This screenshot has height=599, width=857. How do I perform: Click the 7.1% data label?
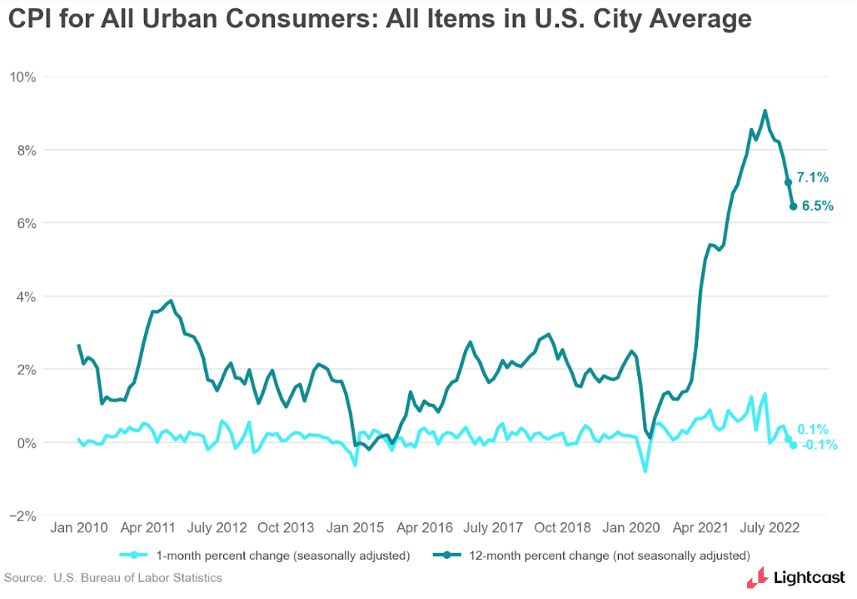pyautogui.click(x=813, y=178)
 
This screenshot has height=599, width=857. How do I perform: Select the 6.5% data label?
pyautogui.click(x=817, y=205)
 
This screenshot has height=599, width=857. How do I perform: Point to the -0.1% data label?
pyautogui.click(x=819, y=445)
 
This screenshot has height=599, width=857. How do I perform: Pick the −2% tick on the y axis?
pyautogui.click(x=26, y=516)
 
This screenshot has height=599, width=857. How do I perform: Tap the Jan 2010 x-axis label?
pyautogui.click(x=78, y=527)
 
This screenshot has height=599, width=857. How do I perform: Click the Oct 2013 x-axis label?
pyautogui.click(x=285, y=527)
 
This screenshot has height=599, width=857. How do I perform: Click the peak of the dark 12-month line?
pyautogui.click(x=765, y=112)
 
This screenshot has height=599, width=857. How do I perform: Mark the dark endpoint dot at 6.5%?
pyautogui.click(x=793, y=206)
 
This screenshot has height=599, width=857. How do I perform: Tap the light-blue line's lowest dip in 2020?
pyautogui.click(x=645, y=471)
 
